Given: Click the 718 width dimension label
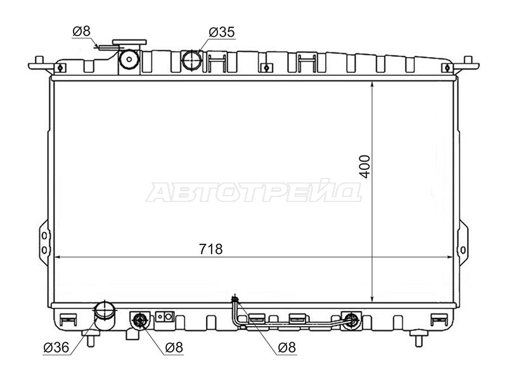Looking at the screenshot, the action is (211, 249).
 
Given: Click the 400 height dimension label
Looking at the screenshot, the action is (365, 167).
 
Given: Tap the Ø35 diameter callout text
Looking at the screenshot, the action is (222, 32).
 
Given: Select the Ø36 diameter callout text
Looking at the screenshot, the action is (56, 347).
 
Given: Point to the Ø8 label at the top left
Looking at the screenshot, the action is (82, 31).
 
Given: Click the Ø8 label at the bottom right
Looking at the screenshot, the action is (287, 347).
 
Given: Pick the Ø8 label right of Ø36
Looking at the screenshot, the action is (174, 347).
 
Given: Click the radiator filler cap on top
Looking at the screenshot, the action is (129, 42).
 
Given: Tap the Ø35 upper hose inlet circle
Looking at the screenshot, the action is (192, 60).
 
